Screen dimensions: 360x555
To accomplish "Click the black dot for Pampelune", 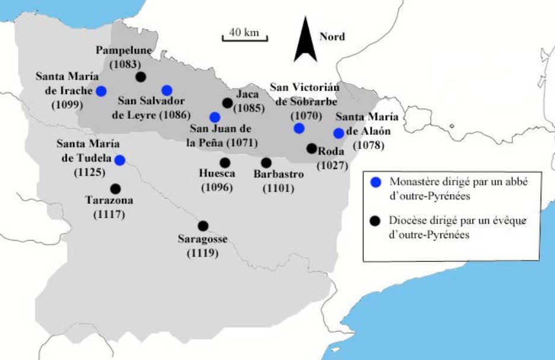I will [x=141, y=77].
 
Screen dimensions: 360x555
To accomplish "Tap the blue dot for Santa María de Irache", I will [x=102, y=91].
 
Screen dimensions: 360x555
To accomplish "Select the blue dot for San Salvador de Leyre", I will [x=167, y=90].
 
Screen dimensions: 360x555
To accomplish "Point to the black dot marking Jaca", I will [x=227, y=103].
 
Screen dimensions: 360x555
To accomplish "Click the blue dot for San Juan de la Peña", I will [x=215, y=117].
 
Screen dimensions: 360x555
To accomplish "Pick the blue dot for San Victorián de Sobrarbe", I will [x=299, y=128].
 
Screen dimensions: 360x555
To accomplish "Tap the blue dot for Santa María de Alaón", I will [x=338, y=133].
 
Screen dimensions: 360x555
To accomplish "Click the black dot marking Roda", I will [x=312, y=149].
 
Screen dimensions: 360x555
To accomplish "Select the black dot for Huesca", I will [x=225, y=162].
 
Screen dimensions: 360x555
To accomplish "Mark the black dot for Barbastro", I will [x=266, y=162].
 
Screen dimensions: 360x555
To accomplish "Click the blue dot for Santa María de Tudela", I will [x=119, y=160].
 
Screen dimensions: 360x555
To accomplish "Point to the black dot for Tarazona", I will [x=116, y=188].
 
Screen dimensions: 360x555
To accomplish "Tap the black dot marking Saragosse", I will [x=203, y=226].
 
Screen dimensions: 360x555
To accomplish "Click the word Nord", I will [x=332, y=37].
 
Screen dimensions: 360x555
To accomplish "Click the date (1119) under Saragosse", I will [x=202, y=253].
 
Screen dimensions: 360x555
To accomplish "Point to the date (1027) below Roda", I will [x=332, y=166].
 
